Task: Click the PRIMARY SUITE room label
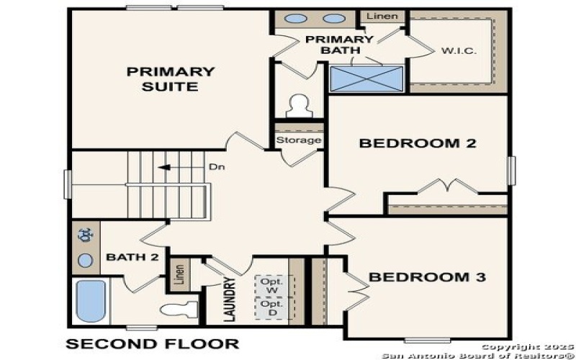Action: tap(171, 79)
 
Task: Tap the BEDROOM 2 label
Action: tap(418, 143)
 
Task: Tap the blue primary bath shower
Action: tap(366, 78)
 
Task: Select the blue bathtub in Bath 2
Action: tap(91, 301)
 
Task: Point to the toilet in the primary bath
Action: tap(297, 107)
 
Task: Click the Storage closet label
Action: tap(298, 140)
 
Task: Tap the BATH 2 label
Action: tap(127, 256)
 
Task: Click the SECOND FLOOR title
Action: tap(153, 343)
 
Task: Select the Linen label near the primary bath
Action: tap(382, 16)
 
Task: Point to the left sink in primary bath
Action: tap(295, 19)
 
